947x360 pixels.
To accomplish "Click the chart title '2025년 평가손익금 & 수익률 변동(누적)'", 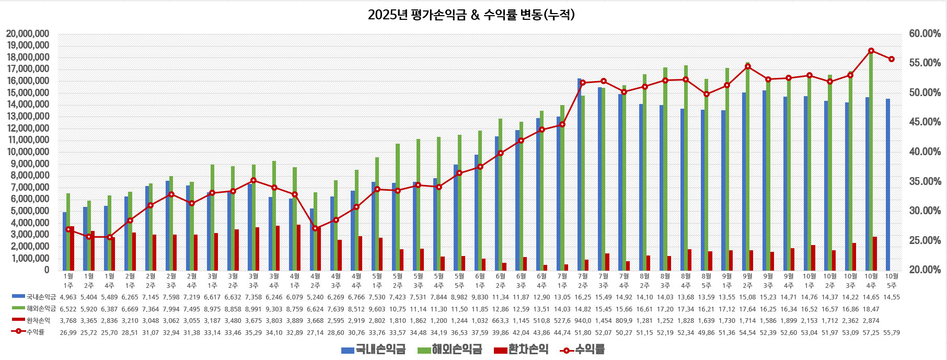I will click(471, 15).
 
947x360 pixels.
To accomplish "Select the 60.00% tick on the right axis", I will click(925, 34).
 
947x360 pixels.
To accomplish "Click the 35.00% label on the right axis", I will click(925, 182).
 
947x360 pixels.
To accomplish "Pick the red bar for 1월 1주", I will click(72, 248).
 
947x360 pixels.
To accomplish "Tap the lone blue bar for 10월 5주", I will click(887, 184).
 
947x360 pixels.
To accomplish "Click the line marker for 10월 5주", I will click(892, 59).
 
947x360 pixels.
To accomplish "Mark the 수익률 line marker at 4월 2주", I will click(315, 228).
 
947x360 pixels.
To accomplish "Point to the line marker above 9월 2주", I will click(748, 66).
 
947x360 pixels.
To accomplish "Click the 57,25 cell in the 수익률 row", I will click(871, 332).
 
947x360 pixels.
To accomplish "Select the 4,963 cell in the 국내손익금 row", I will click(68, 297).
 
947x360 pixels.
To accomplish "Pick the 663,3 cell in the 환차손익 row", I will click(501, 320).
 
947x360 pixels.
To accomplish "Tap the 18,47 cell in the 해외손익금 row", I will click(871, 309).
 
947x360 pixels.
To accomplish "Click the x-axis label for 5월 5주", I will click(459, 281).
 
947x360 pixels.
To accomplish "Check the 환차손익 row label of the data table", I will click(38, 320).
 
